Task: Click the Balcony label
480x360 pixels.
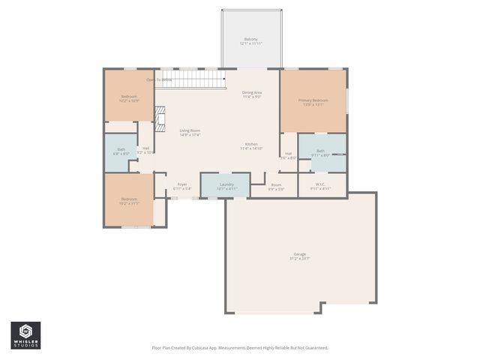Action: click(x=251, y=39)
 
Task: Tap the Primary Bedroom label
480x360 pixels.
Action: click(x=314, y=100)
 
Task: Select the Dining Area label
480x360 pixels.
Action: click(x=252, y=92)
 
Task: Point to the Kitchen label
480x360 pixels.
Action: click(x=251, y=144)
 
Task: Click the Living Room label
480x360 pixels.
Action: click(x=189, y=131)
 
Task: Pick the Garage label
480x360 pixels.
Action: click(x=299, y=254)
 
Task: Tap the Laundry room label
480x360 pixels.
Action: click(x=226, y=184)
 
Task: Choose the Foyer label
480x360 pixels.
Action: click(x=182, y=184)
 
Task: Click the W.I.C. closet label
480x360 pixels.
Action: click(x=320, y=184)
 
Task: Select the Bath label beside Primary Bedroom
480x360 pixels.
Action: click(x=320, y=151)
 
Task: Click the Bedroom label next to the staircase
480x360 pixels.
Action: click(x=130, y=96)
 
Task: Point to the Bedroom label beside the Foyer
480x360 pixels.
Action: click(x=129, y=199)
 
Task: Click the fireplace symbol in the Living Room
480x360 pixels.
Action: click(x=159, y=115)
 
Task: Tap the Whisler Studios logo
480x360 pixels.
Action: click(x=25, y=335)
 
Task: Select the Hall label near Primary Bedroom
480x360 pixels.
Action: click(x=288, y=154)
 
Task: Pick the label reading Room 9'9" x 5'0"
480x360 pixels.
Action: click(x=276, y=184)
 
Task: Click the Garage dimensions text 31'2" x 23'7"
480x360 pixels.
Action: click(x=299, y=258)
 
